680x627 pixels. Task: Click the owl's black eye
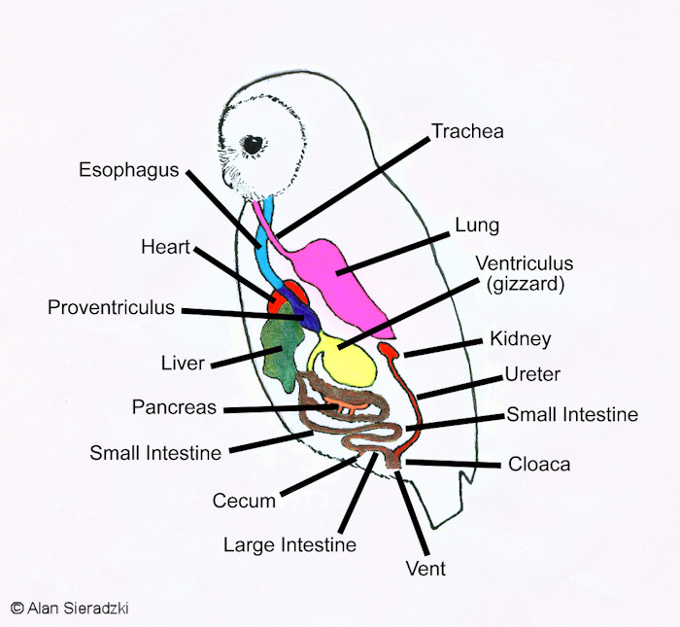tap(254, 145)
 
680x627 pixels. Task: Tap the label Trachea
tap(467, 130)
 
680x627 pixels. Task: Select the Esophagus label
tap(129, 170)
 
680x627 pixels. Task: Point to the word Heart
tap(164, 247)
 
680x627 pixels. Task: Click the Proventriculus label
tap(112, 308)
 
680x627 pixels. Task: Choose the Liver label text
tap(183, 364)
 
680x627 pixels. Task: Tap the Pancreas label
tap(174, 407)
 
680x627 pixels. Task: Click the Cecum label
tap(244, 502)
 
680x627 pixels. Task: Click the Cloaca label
tap(539, 464)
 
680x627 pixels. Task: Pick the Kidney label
tap(521, 339)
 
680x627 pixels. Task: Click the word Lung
tap(477, 226)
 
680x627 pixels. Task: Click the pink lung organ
tap(345, 277)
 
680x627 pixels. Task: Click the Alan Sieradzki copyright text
tap(69, 608)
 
